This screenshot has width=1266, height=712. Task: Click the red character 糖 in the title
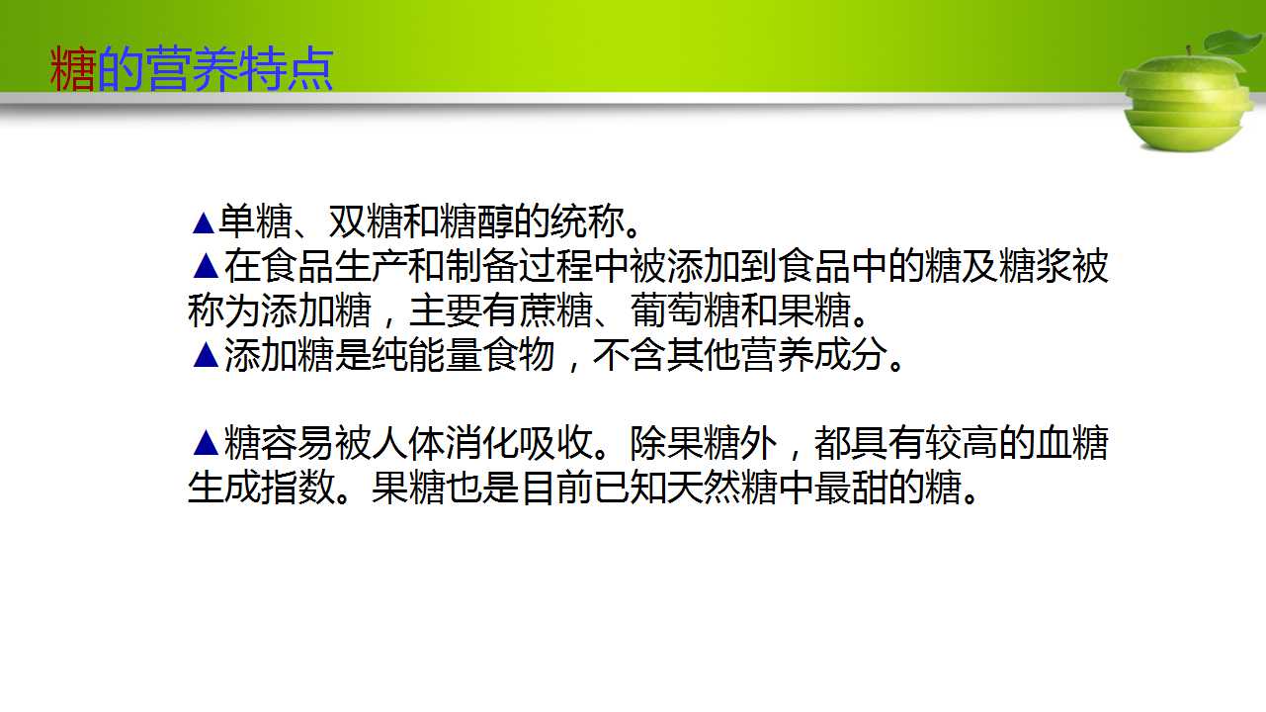coord(72,69)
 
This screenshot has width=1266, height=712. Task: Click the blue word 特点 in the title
coord(286,69)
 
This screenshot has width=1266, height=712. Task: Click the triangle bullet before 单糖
coord(204,222)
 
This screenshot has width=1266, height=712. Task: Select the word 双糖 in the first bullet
coord(366,222)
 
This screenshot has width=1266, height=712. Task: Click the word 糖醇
coord(476,222)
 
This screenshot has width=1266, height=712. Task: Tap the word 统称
coord(587,222)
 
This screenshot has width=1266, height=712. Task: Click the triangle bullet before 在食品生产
coord(206,266)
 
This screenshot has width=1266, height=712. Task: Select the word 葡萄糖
coord(685,311)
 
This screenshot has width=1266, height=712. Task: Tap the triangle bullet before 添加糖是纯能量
coord(206,355)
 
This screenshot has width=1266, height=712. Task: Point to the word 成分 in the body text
coord(851,355)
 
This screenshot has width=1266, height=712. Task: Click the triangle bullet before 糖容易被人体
coord(206,443)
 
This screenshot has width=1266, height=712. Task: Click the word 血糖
coord(1072,442)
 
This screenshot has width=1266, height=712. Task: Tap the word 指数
coord(297,487)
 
